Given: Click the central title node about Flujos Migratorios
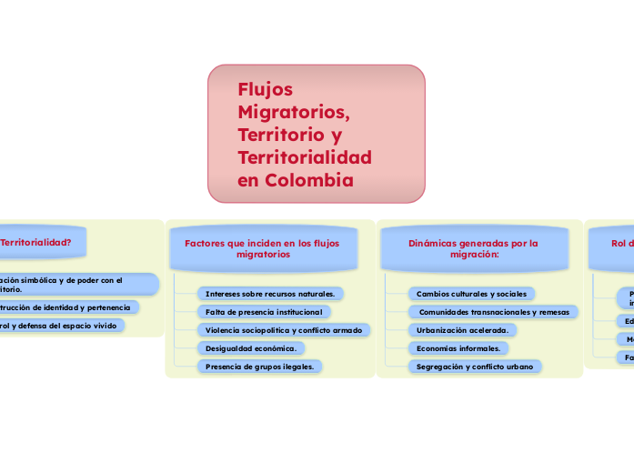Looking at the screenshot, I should click(316, 134).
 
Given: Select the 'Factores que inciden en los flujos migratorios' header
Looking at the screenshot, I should click(261, 248).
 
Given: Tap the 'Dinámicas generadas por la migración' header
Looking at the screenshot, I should click(473, 248).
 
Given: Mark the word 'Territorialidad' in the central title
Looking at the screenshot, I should click(305, 157).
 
